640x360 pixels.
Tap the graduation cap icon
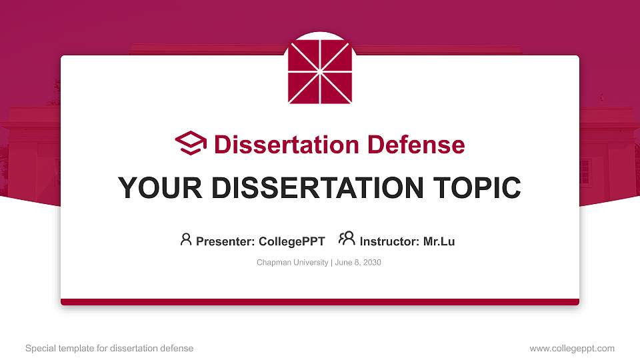(191, 144)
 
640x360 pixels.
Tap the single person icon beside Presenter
(186, 239)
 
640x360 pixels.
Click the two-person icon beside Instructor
(347, 239)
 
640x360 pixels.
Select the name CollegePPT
(291, 241)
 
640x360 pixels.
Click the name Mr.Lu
(439, 241)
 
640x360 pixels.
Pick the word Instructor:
(389, 241)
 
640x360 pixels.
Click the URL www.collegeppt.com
(571, 348)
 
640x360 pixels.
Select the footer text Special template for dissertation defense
(109, 348)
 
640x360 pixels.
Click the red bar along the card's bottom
(319, 302)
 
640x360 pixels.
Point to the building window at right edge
(585, 172)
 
